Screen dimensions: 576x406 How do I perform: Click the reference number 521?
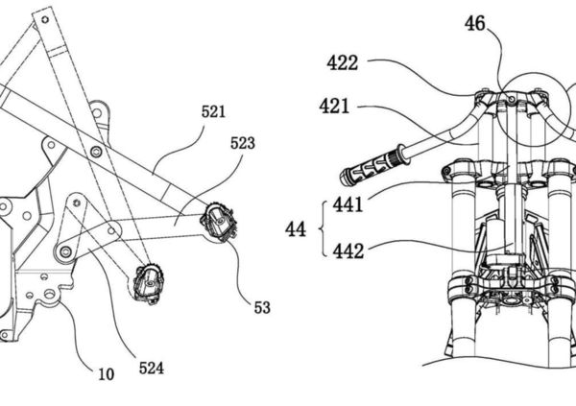pos(213,111)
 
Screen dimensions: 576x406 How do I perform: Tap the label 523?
pos(243,143)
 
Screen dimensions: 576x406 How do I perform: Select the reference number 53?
pos(262,307)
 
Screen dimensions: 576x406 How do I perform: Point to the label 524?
pos(152,369)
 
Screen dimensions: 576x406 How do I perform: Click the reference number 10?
pos(107,374)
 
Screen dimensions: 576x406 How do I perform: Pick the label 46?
pos(474,24)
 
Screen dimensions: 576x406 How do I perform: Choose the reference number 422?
pos(343,62)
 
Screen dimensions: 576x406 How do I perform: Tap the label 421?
pos(334,107)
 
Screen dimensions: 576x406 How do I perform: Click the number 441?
pos(348,204)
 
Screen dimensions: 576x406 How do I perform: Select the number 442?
pos(348,251)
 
